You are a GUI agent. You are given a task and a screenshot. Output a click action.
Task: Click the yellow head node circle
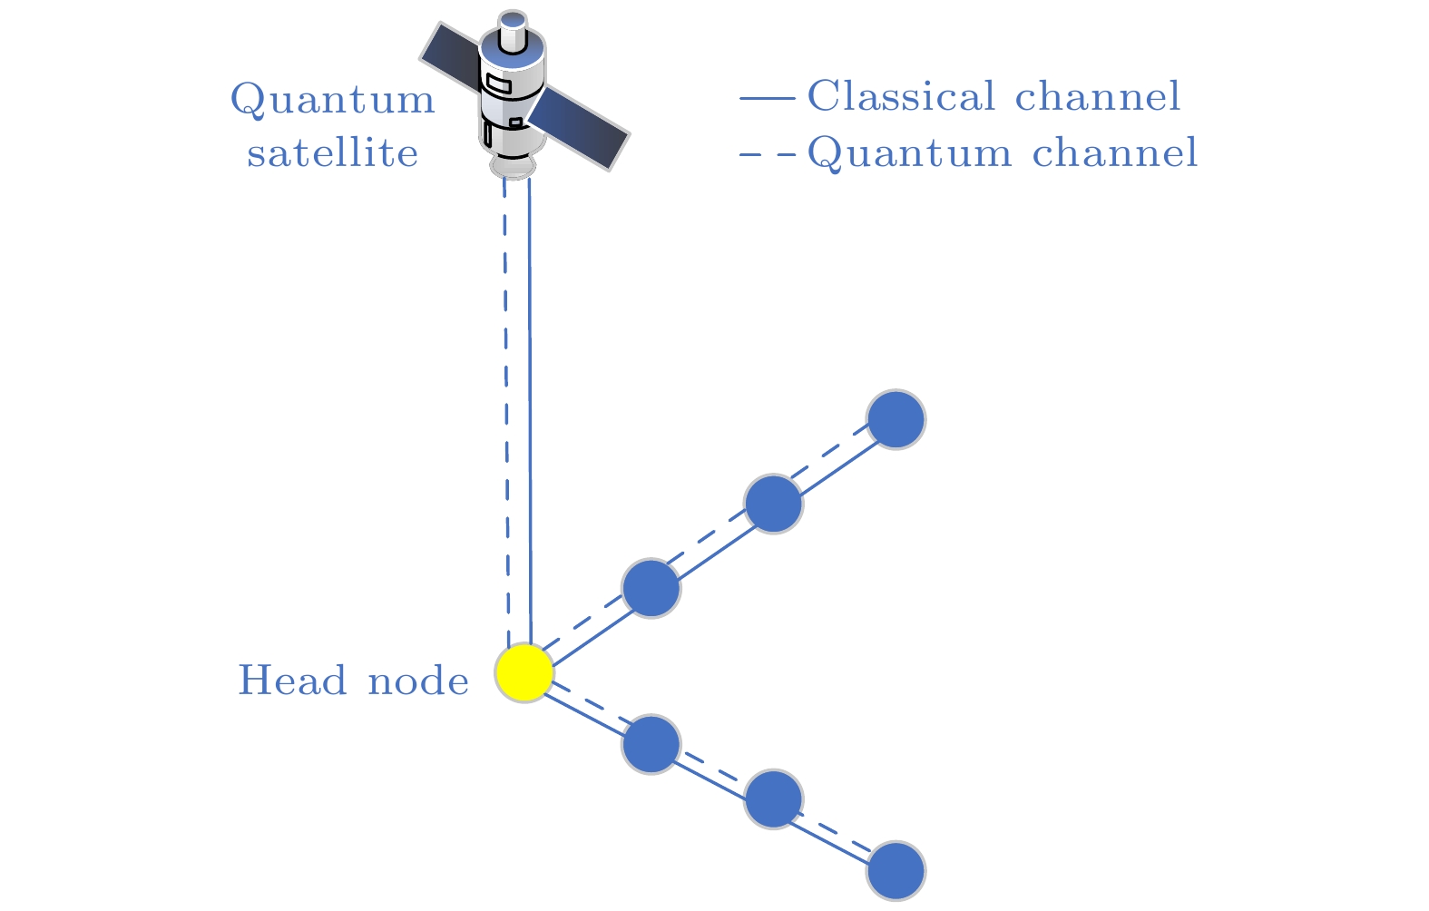[524, 673]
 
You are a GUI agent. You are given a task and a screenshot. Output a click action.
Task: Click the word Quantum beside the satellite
[333, 99]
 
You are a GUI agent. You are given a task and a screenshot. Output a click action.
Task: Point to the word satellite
[333, 152]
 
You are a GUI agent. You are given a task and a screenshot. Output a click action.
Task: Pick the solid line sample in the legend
[768, 96]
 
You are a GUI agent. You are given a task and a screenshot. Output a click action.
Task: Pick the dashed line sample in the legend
[768, 153]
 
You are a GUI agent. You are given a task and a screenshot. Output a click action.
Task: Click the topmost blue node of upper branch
[896, 419]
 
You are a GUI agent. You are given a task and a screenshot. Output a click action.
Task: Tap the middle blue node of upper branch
[773, 504]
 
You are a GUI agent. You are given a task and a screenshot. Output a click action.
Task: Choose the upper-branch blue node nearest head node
[651, 588]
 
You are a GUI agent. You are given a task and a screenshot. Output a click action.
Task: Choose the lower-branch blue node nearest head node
[651, 744]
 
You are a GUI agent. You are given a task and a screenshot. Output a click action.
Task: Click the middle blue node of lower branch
[773, 799]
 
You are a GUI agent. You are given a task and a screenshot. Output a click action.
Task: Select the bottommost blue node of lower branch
[896, 871]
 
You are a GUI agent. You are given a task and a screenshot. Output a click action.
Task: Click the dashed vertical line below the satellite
[506, 408]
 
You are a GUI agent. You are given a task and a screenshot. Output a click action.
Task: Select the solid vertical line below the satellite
[530, 408]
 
